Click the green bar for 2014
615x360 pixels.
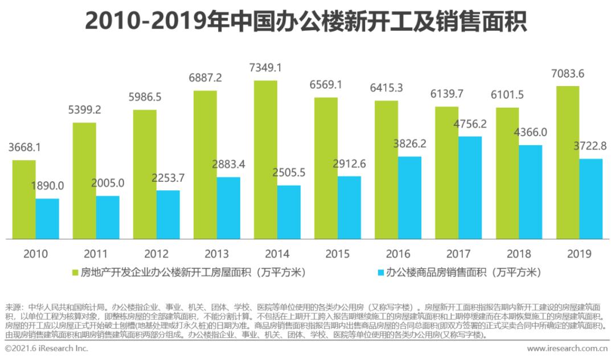pos(265,159)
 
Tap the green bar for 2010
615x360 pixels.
pos(24,199)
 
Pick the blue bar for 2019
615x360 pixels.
pos(591,199)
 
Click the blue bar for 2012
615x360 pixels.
pos(168,214)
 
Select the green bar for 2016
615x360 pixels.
pos(386,170)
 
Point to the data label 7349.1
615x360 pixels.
pos(266,68)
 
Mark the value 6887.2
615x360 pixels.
pos(205,77)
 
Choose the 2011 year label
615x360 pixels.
pos(95,253)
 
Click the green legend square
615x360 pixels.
pos(75,273)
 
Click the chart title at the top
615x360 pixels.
pos(306,22)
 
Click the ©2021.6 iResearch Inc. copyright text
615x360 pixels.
pos(47,348)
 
